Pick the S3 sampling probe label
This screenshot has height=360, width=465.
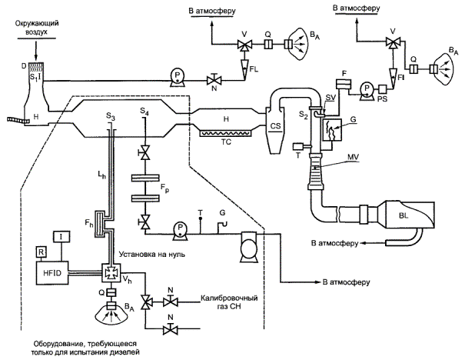(111, 115)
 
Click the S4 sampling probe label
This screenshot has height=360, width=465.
(144, 112)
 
